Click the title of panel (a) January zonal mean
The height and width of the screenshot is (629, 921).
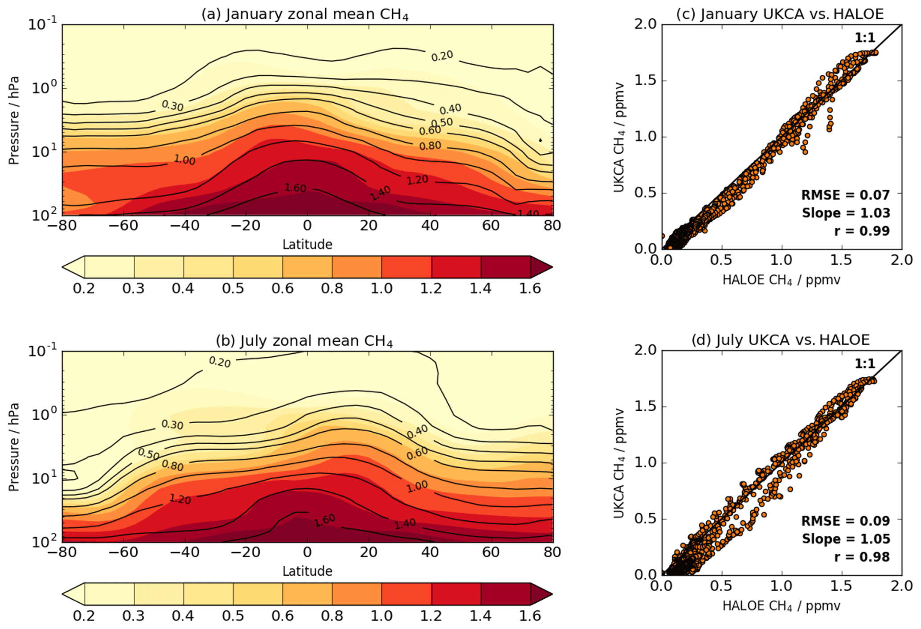pos(305,14)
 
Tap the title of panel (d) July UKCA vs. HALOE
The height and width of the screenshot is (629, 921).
pos(780,340)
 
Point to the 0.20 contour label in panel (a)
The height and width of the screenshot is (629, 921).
pos(442,56)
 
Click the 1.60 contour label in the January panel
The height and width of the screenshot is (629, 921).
pos(295,188)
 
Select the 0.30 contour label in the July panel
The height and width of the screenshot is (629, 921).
pos(172,425)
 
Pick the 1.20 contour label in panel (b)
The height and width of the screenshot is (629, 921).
pos(180,499)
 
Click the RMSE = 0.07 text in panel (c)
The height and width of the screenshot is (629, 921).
pos(845,195)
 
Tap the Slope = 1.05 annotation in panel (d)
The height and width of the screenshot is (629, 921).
pos(846,539)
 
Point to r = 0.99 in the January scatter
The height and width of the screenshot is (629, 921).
pos(862,231)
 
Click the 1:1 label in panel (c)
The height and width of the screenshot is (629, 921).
pos(865,38)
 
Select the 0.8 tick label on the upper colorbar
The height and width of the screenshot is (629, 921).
pos(332,289)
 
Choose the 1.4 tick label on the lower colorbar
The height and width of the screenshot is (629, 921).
pos(480,616)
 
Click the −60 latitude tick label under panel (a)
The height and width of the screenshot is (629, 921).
pos(123,226)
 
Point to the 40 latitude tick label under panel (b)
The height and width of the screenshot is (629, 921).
pos(430,552)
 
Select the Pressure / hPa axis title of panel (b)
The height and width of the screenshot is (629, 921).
pos(14,447)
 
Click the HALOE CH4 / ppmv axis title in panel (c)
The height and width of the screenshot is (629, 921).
pos(781,280)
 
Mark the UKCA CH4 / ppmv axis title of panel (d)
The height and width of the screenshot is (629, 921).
pos(619,463)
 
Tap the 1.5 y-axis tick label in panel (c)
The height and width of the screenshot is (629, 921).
pos(645,81)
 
